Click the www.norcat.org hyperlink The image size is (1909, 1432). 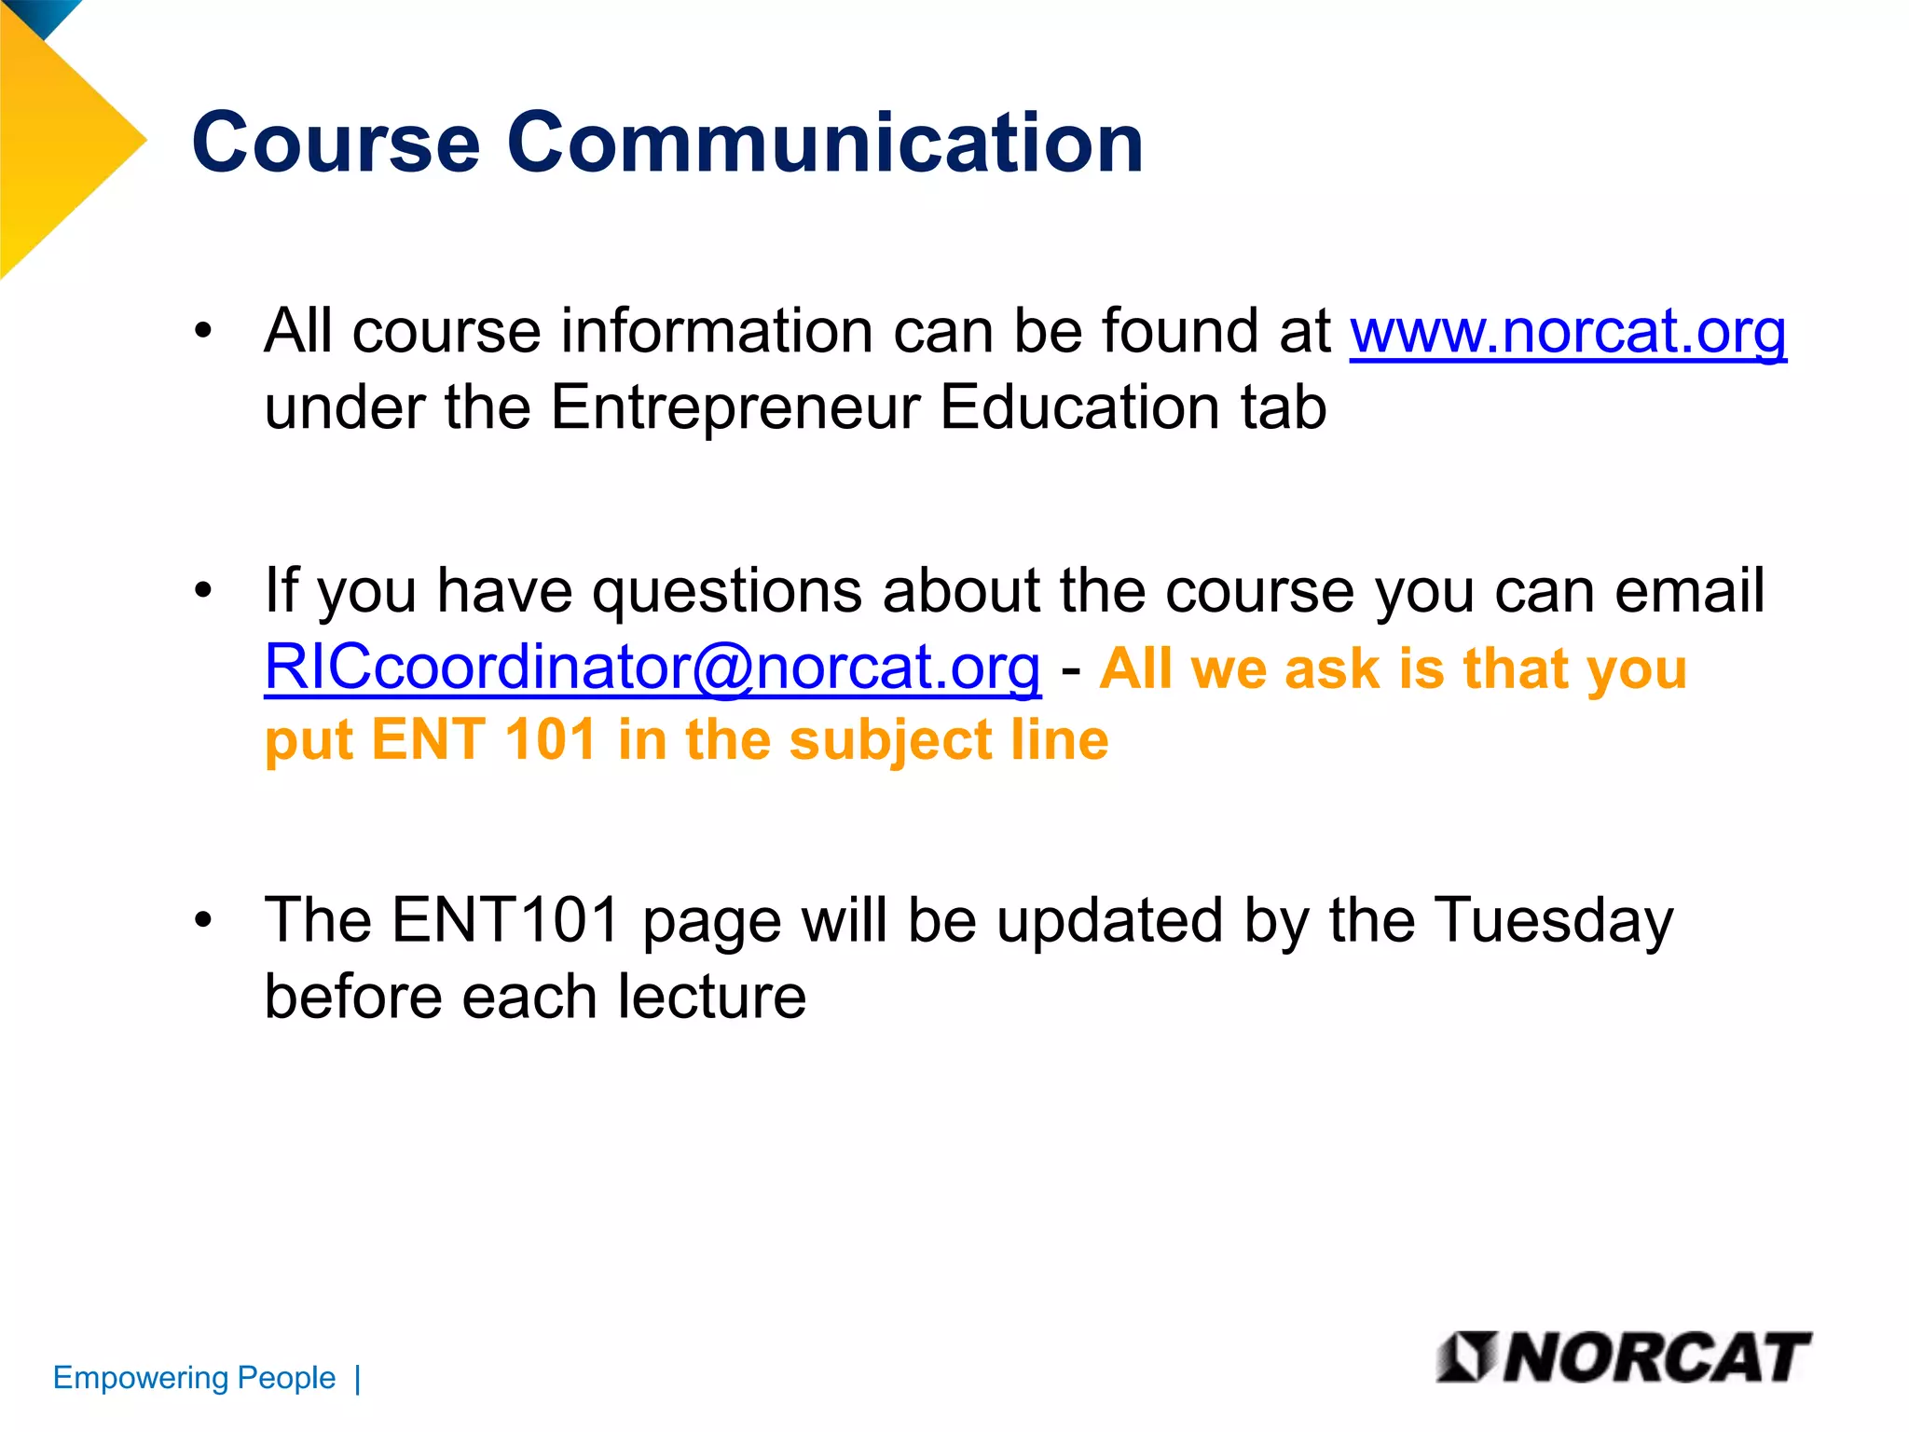pos(1568,332)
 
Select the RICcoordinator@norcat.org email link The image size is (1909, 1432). pos(652,668)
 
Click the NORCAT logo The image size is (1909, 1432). pos(1623,1357)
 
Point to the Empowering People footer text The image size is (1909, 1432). pos(194,1378)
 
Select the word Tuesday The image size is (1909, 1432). pos(1553,921)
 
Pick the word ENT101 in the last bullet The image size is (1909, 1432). pos(505,919)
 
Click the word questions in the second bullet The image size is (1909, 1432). pos(727,591)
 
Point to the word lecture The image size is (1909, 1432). pos(712,996)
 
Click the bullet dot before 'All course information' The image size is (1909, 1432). pos(203,331)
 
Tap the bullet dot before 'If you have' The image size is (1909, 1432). pos(203,590)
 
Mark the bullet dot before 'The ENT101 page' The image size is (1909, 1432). pos(203,920)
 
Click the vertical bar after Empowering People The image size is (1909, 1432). pos(358,1378)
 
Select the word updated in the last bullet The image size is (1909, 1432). pos(1109,921)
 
